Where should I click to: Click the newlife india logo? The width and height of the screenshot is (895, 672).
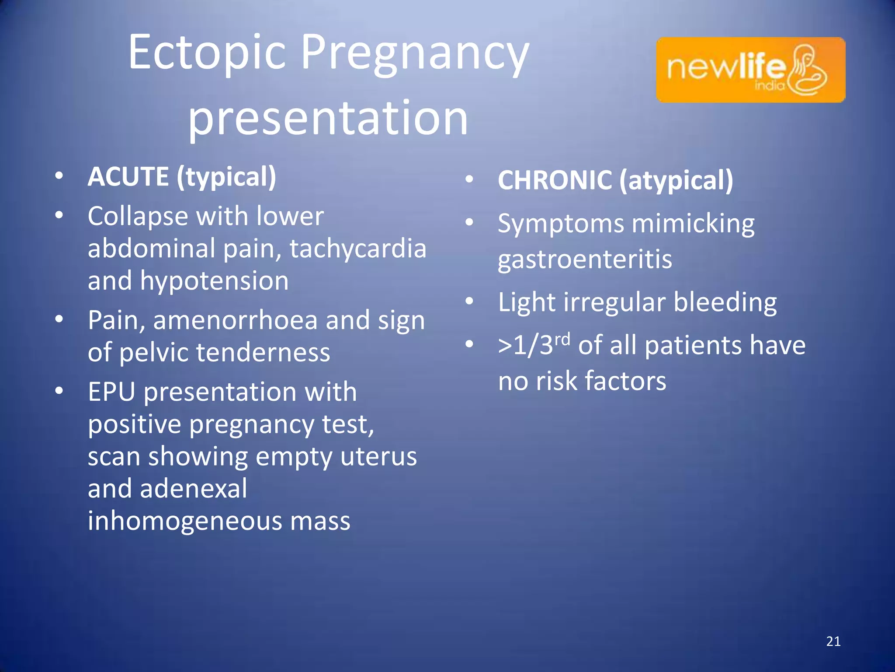(750, 70)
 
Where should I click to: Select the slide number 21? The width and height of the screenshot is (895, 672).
(833, 641)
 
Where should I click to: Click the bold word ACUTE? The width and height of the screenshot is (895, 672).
(128, 177)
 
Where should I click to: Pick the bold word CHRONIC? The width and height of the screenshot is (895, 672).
(555, 180)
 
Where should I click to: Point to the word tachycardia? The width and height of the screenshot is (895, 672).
(357, 248)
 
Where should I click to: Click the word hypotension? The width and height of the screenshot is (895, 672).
(214, 281)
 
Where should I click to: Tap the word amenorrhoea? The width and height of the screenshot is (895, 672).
(235, 320)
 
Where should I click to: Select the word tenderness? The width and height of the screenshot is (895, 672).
(268, 353)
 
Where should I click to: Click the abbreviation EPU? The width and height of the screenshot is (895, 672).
(111, 392)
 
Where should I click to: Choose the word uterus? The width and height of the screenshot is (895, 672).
(378, 457)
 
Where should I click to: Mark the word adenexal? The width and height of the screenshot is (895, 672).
(193, 489)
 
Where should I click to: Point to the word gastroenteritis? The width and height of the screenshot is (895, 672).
(585, 260)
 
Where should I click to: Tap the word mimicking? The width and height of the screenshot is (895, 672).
(693, 224)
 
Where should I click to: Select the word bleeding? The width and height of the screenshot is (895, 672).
(725, 303)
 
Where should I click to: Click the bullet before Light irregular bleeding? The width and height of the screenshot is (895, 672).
(469, 301)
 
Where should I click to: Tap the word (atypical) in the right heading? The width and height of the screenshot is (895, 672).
(676, 180)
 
